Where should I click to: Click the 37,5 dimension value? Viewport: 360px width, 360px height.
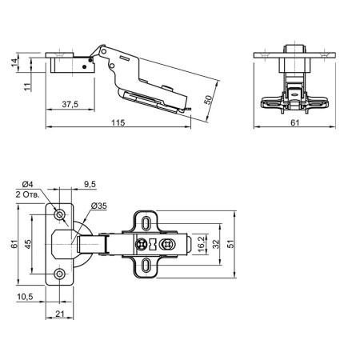pos(70,104)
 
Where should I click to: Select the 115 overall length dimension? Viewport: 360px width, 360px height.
pos(118,122)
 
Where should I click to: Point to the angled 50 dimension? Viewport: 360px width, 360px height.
pos(208,100)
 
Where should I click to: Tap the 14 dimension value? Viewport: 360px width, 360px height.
pos(14,62)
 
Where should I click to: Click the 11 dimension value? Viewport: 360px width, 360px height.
pos(28,86)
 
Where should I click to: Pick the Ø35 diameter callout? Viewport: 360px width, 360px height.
pos(98,206)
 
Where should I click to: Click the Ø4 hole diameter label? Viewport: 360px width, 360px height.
pos(28,184)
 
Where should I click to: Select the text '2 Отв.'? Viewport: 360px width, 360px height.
pos(28,194)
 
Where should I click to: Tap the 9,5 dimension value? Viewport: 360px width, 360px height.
pos(90,184)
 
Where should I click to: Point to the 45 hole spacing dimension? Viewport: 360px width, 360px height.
pos(28,244)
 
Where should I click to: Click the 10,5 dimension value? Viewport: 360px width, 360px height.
pos(25,297)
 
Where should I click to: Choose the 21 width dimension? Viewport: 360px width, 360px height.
pos(60,314)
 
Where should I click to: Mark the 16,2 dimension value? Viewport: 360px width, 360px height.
pos(202,244)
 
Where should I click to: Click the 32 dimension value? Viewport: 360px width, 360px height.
pos(216,244)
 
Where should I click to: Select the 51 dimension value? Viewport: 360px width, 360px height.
pos(230,244)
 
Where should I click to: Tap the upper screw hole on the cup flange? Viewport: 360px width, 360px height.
pos(59,214)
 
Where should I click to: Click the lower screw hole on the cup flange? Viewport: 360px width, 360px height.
pos(59,274)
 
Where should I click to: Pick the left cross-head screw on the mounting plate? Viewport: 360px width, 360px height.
pos(142,244)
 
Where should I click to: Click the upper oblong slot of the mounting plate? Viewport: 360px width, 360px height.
pos(146,223)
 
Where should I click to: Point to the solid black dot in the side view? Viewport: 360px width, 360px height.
pos(84,66)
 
